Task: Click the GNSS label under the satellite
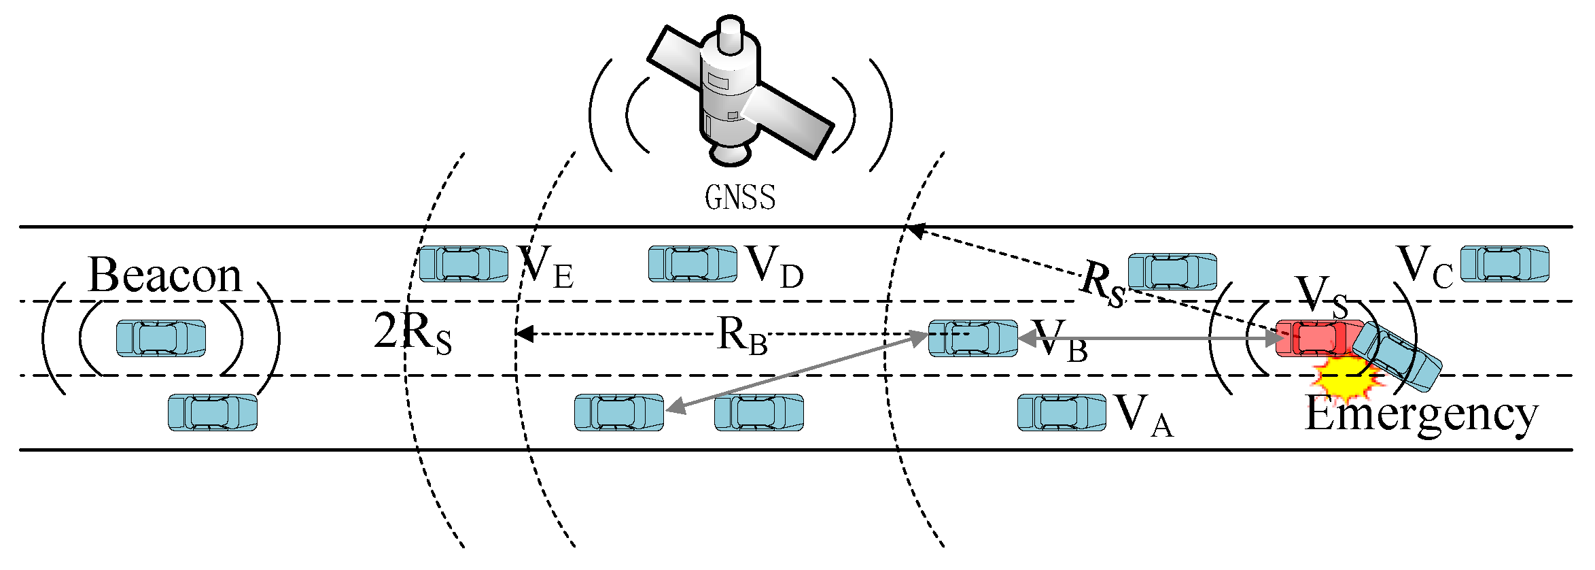pos(739,198)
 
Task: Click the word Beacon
pos(165,275)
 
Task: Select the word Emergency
pos(1420,415)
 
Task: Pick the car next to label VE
pos(463,264)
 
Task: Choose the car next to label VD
pos(693,264)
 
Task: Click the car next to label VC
pos(1505,264)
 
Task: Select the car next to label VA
pos(1062,412)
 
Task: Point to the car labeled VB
pos(972,338)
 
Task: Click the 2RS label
pos(413,333)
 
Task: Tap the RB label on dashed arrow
pos(742,335)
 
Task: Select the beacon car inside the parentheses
pos(161,338)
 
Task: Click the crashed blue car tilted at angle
pos(1397,357)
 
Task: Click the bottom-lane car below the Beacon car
pos(213,412)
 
